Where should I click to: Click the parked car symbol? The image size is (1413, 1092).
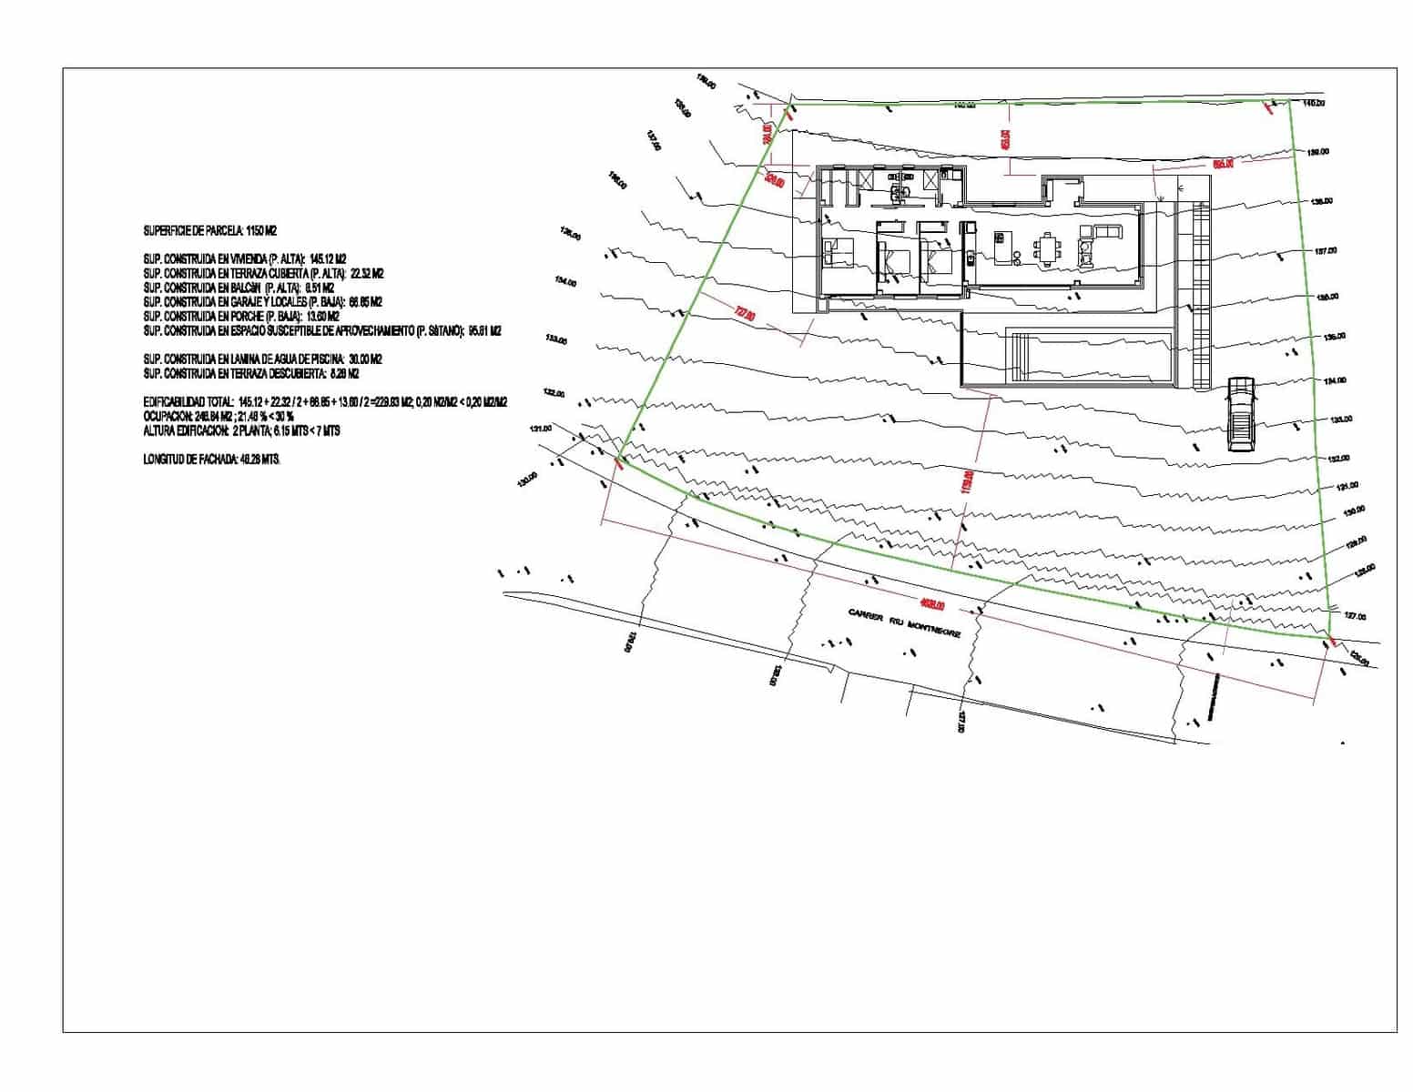click(1240, 413)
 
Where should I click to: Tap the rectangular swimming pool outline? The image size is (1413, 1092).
click(1090, 355)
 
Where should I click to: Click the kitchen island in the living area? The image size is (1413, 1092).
click(1001, 248)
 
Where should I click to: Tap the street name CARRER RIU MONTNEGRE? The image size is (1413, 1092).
click(903, 623)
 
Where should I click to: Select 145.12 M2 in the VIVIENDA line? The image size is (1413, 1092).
click(328, 259)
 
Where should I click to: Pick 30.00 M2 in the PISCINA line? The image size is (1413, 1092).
click(364, 359)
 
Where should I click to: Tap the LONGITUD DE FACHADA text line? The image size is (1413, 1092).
click(212, 460)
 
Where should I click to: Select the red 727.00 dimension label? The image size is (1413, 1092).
click(745, 314)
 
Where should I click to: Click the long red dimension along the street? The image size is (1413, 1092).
click(932, 603)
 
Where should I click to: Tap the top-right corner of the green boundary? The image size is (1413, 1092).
click(1290, 100)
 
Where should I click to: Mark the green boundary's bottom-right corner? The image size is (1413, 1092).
click(1328, 638)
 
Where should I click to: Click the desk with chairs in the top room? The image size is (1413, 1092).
click(901, 190)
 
